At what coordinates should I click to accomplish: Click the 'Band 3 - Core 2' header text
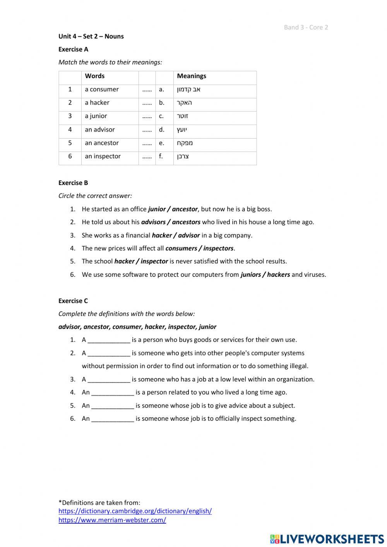[306, 27]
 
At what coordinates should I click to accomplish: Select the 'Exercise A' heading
[73, 49]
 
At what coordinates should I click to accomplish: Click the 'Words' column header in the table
[94, 76]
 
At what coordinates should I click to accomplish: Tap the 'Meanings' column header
[191, 76]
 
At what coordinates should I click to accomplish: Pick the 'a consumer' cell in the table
[101, 89]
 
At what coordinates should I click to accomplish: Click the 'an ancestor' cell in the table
[101, 143]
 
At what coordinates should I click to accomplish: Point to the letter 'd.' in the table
[161, 130]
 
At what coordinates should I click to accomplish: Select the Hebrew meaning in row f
[183, 156]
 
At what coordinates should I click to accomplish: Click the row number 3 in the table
[70, 116]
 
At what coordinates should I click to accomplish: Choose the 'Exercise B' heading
[73, 183]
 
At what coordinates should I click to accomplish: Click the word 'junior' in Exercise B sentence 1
[157, 209]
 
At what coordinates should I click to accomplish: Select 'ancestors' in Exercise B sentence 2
[186, 222]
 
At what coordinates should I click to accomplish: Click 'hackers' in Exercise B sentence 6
[278, 275]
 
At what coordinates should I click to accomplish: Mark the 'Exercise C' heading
[73, 301]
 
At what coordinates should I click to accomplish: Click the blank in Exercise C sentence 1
[109, 340]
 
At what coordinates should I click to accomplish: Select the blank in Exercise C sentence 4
[113, 393]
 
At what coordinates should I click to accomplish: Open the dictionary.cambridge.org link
[135, 511]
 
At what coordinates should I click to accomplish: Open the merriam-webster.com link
[112, 520]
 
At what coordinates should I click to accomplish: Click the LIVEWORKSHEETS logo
[327, 539]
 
